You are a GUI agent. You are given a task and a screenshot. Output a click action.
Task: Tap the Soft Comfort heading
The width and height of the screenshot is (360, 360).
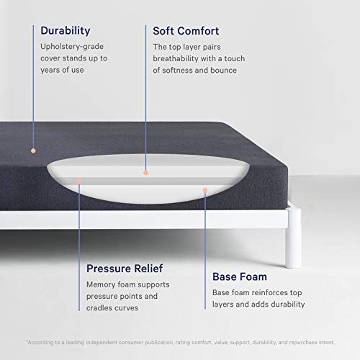[186, 31]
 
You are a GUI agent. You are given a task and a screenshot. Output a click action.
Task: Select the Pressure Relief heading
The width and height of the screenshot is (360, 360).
[124, 268]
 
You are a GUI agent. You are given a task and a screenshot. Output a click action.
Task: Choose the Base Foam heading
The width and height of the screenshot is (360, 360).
[240, 276]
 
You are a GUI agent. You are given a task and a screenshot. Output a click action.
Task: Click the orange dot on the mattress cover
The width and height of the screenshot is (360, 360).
[32, 150]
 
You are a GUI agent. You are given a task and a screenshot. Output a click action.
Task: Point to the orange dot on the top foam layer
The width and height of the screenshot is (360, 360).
[145, 172]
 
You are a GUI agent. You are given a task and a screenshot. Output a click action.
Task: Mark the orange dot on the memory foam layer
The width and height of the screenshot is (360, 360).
[79, 181]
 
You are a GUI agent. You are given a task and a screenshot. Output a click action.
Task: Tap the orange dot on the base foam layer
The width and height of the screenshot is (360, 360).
[205, 191]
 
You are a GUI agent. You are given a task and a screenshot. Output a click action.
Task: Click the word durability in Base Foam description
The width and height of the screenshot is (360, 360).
[285, 304]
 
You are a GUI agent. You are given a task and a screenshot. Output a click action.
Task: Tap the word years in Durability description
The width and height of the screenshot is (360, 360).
[51, 71]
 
